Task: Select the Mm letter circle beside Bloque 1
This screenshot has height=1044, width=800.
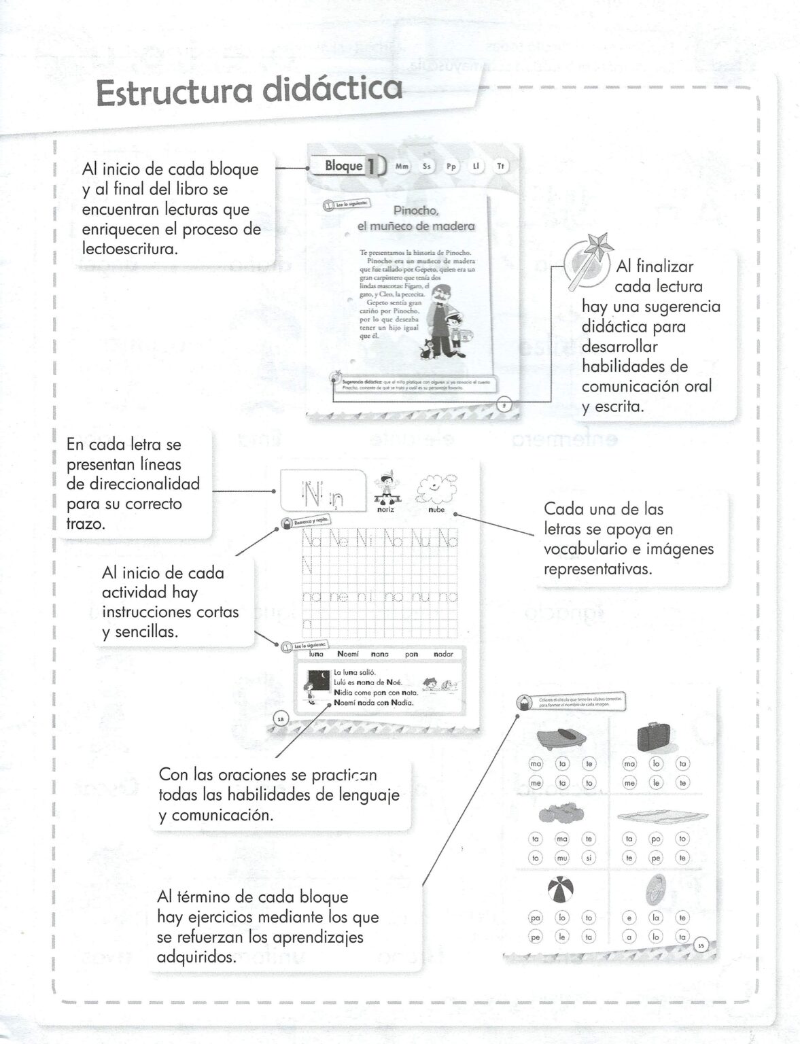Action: tap(402, 167)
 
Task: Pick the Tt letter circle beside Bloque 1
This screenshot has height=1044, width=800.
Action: tap(501, 167)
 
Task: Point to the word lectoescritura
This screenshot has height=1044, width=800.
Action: tap(130, 249)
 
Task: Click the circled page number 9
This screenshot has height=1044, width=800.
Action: tap(504, 406)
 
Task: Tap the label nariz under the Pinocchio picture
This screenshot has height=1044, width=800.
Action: tap(385, 509)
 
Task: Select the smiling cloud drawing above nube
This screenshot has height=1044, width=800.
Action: tap(436, 488)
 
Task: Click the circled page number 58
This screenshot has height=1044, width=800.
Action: tap(281, 718)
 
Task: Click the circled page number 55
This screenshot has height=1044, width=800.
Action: tap(701, 945)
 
